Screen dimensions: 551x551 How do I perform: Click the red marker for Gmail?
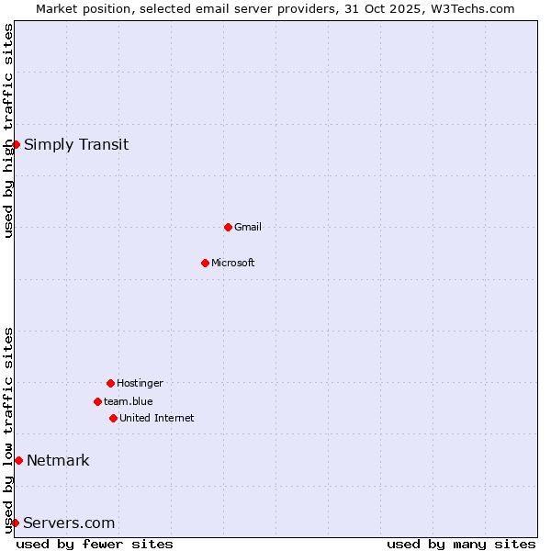pos(228,227)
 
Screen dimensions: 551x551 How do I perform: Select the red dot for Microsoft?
pos(205,263)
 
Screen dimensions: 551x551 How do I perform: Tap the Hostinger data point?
pos(110,383)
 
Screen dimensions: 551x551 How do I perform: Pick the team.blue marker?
pos(97,401)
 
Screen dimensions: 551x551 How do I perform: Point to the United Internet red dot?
pos(113,418)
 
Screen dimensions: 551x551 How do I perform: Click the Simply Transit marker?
pos(16,144)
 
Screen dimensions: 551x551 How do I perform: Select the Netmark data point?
pos(18,460)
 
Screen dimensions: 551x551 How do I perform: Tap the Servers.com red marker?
pos(15,523)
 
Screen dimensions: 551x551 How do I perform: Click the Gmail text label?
pos(248,227)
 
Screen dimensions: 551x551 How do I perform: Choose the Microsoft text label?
pos(233,263)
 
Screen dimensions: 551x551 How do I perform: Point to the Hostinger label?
pos(140,383)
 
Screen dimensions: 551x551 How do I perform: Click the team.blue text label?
pos(129,401)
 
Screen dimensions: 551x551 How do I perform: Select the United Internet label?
pos(157,418)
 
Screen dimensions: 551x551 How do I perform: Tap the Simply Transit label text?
pos(76,144)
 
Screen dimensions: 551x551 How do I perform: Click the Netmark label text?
pos(58,460)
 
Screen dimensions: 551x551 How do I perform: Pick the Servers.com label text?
pos(69,523)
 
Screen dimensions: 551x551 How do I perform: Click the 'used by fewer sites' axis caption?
pos(95,544)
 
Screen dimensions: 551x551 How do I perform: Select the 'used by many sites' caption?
pos(461,544)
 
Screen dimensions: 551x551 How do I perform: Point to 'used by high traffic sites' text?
pos(9,130)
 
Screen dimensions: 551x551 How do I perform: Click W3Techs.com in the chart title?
pos(472,8)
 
